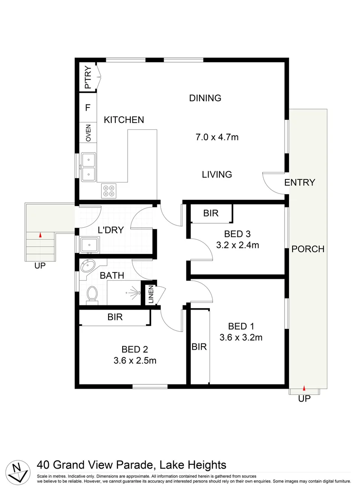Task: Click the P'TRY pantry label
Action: pos(88,78)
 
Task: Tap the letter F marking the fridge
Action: pos(88,108)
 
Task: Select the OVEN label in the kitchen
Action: pos(88,133)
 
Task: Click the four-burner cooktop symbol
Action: pos(109,191)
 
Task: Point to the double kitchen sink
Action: pos(89,167)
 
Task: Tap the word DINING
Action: pos(205,98)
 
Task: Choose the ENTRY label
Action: pos(299,183)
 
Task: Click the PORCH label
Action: pos(308,249)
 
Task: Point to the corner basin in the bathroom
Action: pos(87,266)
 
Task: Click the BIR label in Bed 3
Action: pos(211,213)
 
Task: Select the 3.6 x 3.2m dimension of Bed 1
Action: pos(241,337)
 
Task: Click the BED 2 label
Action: pos(135,349)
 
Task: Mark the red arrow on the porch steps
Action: pos(304,388)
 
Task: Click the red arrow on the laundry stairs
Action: pos(40,235)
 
